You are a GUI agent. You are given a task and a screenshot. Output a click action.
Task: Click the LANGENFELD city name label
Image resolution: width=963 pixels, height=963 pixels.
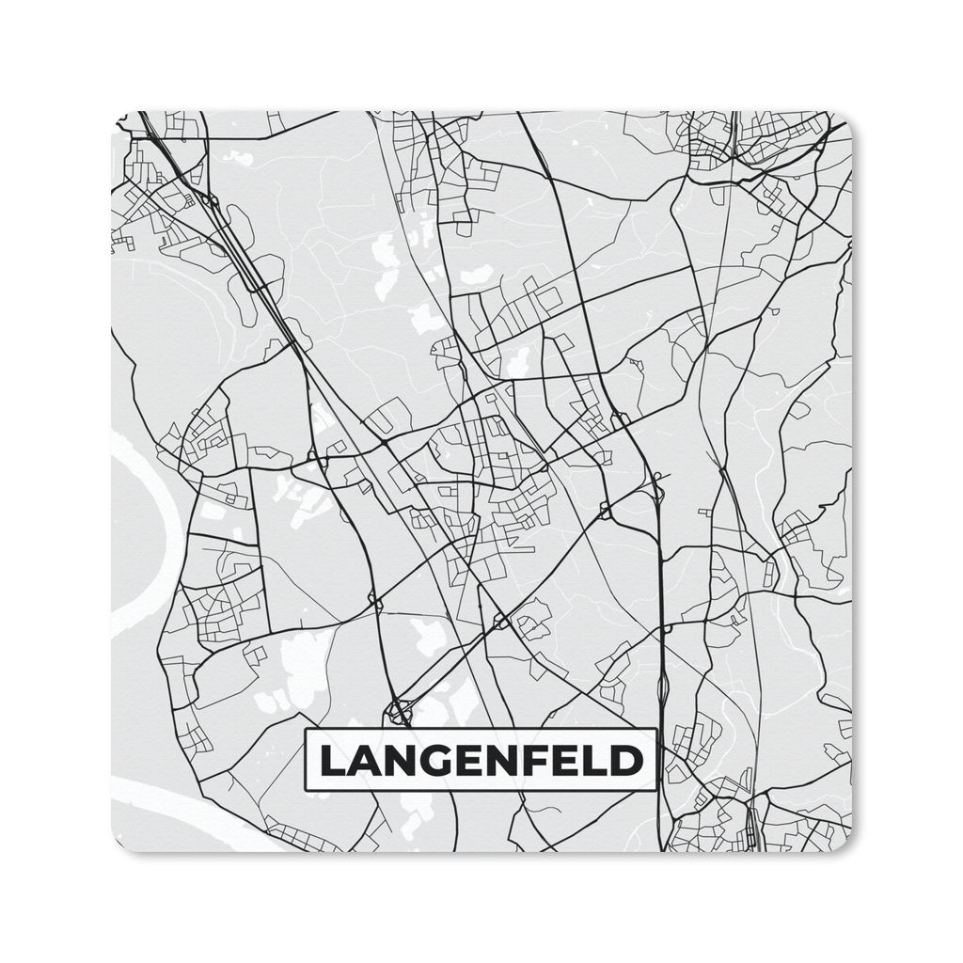tap(481, 760)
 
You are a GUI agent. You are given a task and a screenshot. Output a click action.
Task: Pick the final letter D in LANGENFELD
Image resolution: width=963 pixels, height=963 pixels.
tap(628, 761)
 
